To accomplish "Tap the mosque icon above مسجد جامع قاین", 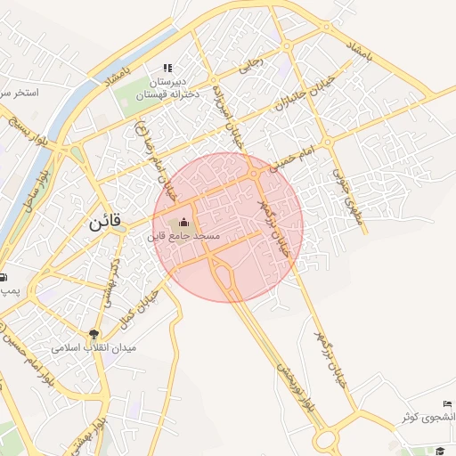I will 184,223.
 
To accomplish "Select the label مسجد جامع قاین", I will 184,238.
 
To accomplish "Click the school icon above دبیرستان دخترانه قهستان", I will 167,68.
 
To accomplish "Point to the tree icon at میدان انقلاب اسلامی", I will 93,334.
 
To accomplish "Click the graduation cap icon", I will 439,452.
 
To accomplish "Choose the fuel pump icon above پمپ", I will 3,276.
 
